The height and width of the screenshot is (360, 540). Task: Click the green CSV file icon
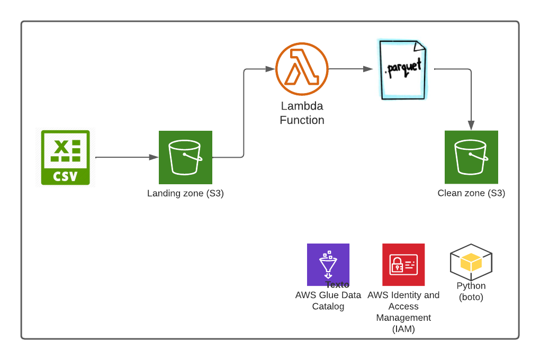66,157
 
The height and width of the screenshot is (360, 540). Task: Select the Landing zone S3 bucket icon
185,157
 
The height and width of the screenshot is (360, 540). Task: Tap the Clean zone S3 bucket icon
471,157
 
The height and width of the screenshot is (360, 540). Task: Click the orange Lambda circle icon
299,69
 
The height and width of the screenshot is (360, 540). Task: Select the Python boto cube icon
471,262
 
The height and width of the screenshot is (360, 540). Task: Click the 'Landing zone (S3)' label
185,194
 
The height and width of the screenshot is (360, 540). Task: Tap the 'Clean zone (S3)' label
471,194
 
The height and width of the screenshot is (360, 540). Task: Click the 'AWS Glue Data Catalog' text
328,301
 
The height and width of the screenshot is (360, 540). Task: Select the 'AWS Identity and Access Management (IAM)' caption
403,312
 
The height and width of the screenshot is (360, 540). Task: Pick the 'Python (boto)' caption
471,292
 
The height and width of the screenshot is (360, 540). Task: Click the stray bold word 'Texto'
337,285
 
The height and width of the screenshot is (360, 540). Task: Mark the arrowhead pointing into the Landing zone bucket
154,157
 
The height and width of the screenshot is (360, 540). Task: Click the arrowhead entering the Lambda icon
270,69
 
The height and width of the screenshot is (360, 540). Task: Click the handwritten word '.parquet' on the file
403,68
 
